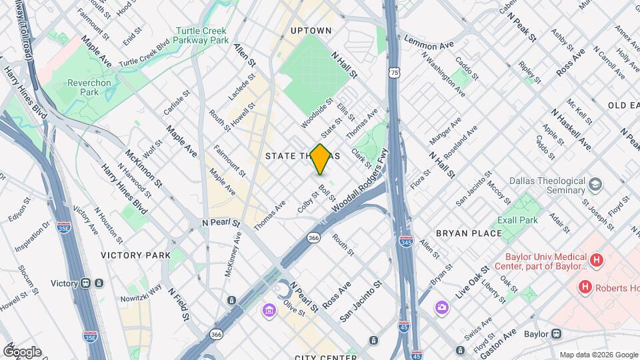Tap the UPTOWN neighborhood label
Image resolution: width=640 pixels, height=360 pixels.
tap(311, 31)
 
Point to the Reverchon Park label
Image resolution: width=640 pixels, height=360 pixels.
tap(79, 87)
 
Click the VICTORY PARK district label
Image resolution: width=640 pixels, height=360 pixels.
tap(135, 255)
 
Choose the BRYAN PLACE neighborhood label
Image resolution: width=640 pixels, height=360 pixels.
tap(468, 233)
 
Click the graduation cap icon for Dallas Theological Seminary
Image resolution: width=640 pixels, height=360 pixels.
tap(595, 183)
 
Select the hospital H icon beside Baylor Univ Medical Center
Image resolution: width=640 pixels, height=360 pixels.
tap(597, 259)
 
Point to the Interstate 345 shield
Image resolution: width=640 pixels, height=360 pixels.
tap(405, 239)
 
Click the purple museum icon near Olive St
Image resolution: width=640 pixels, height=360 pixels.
tap(269, 311)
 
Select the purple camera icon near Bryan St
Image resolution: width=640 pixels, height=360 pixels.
tap(441, 307)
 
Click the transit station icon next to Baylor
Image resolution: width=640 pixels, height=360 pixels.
tap(556, 333)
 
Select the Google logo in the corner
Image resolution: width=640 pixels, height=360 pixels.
tap(22, 351)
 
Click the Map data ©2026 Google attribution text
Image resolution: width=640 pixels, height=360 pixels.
tap(597, 355)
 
